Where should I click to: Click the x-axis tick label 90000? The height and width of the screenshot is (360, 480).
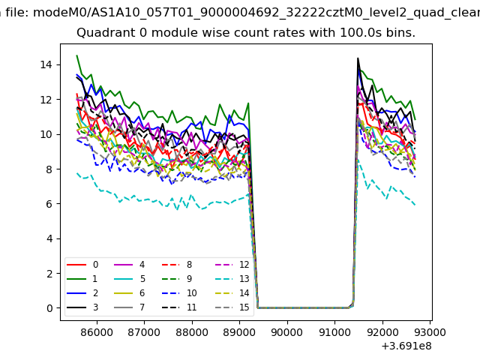click(x=286, y=331)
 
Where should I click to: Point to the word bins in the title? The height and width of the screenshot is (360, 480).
click(x=399, y=34)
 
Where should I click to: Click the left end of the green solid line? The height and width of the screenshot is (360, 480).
click(x=77, y=56)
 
